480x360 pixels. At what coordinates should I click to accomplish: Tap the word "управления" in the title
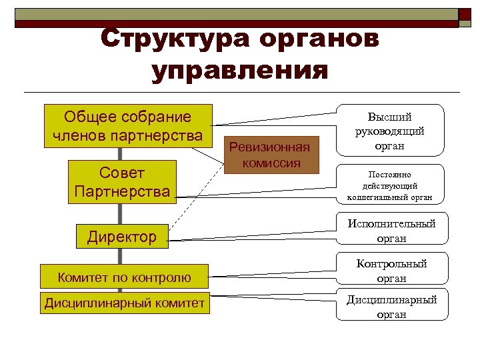[x=240, y=69]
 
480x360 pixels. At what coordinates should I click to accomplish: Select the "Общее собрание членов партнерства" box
[x=127, y=126]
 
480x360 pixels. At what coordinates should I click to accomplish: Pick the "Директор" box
[x=123, y=235]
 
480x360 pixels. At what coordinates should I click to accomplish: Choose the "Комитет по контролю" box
[x=124, y=277]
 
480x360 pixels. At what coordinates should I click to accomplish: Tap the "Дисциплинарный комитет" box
[x=124, y=304]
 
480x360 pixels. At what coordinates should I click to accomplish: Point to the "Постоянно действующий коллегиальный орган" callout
[x=390, y=184]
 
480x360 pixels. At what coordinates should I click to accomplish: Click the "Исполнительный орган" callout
[x=391, y=230]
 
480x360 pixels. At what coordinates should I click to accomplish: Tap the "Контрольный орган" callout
[x=391, y=271]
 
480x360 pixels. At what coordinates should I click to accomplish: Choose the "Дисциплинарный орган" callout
[x=391, y=307]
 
